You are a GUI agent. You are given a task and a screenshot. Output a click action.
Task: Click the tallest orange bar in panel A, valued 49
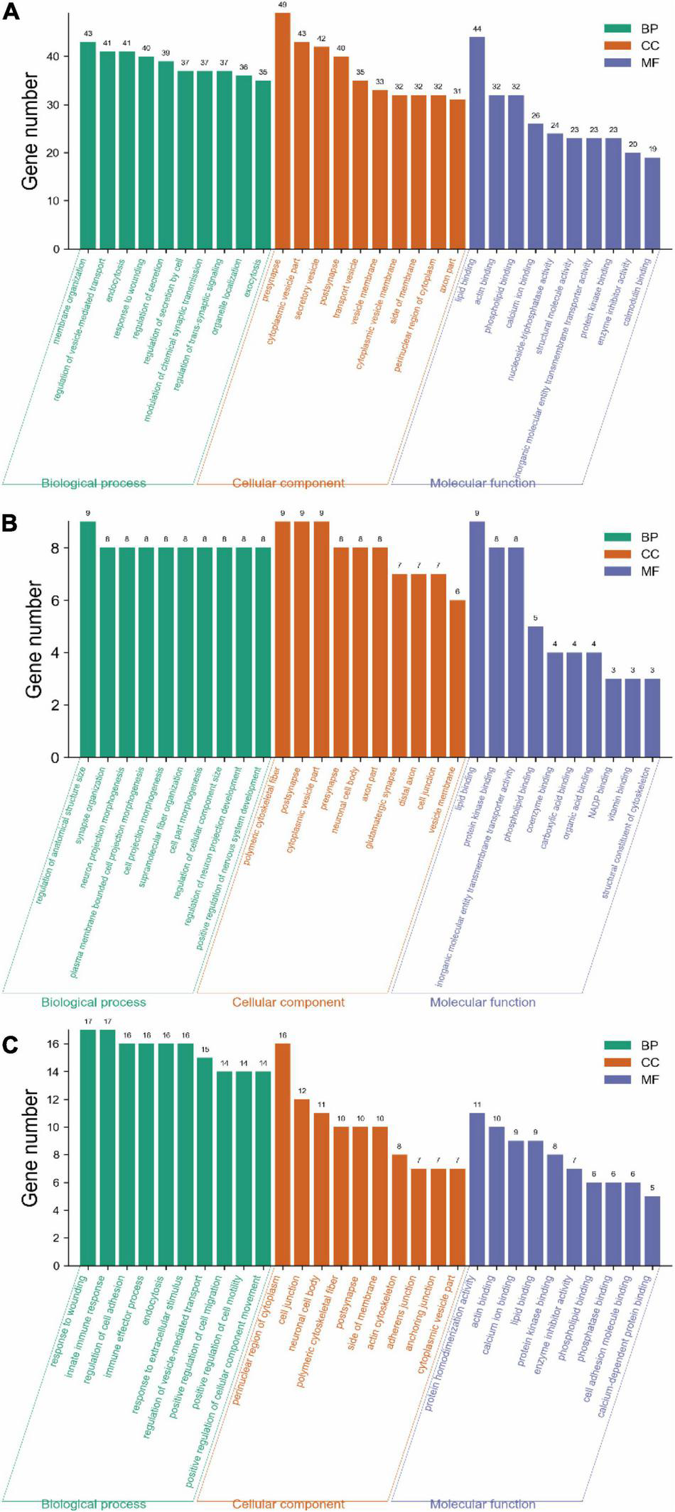coord(283,131)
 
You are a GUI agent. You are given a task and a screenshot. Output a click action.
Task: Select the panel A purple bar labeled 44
coord(477,142)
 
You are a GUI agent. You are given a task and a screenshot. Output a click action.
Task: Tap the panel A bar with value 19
coord(652,203)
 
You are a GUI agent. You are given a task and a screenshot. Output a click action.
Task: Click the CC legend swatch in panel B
coord(617,554)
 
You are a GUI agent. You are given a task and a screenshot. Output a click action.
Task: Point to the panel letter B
coord(10,523)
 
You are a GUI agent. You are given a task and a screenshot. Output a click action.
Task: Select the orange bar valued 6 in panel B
coord(458,679)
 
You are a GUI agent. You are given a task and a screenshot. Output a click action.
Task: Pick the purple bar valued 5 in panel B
coord(536,691)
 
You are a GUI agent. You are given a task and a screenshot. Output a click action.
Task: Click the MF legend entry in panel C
coord(632,1079)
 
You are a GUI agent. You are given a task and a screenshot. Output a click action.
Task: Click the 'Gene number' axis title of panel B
coord(33,639)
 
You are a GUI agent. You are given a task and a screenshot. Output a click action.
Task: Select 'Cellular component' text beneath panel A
coord(288,483)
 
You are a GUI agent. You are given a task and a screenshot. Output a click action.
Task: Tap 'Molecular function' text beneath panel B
coord(482,1002)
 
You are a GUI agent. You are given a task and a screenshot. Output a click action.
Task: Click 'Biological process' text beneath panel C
coord(94,1503)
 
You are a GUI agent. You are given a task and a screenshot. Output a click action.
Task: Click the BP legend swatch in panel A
coord(617,29)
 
